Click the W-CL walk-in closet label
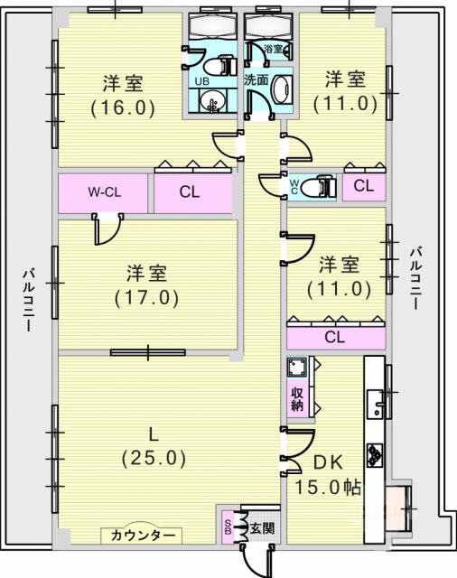click(x=104, y=192)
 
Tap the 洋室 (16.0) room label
click(x=123, y=96)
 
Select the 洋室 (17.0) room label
click(x=146, y=285)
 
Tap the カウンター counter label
click(x=142, y=535)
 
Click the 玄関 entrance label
click(x=263, y=528)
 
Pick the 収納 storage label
click(x=297, y=399)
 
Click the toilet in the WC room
click(x=319, y=187)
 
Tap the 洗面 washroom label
click(x=256, y=79)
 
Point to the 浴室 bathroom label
click(x=274, y=49)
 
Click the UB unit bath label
click(x=201, y=81)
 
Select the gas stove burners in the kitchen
click(x=375, y=455)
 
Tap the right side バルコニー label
click(x=416, y=279)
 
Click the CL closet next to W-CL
click(x=190, y=192)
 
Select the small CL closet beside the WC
click(x=364, y=186)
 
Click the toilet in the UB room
click(x=220, y=66)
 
